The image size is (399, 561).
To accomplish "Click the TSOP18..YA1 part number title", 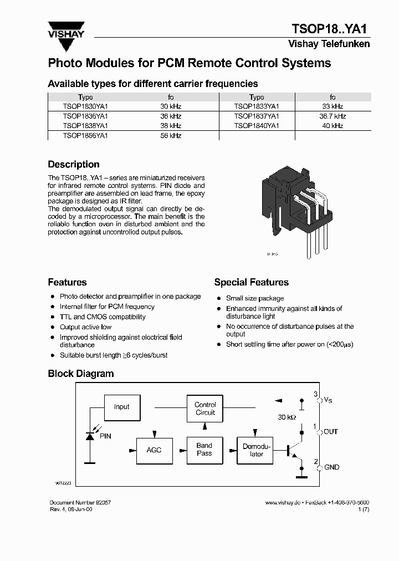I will tap(330, 29).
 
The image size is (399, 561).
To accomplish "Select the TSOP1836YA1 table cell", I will tap(85, 116).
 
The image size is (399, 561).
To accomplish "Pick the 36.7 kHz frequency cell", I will tap(332, 116).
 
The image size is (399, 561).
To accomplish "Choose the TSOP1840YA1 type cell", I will tap(257, 126).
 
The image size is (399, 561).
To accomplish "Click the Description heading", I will tap(74, 165).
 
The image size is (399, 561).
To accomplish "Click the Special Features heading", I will tap(251, 282).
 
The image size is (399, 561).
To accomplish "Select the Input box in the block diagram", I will tap(121, 406).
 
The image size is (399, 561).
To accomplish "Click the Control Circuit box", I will tap(204, 409).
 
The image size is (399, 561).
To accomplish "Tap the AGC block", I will tap(154, 450).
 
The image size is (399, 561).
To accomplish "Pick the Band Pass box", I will tap(204, 449).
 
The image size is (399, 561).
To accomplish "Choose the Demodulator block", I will tap(256, 450).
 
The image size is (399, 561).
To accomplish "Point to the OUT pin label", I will tap(330, 432).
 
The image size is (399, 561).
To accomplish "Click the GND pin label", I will tap(331, 467).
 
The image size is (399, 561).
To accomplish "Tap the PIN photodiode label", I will tap(105, 436).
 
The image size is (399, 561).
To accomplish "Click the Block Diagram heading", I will tap(81, 374).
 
